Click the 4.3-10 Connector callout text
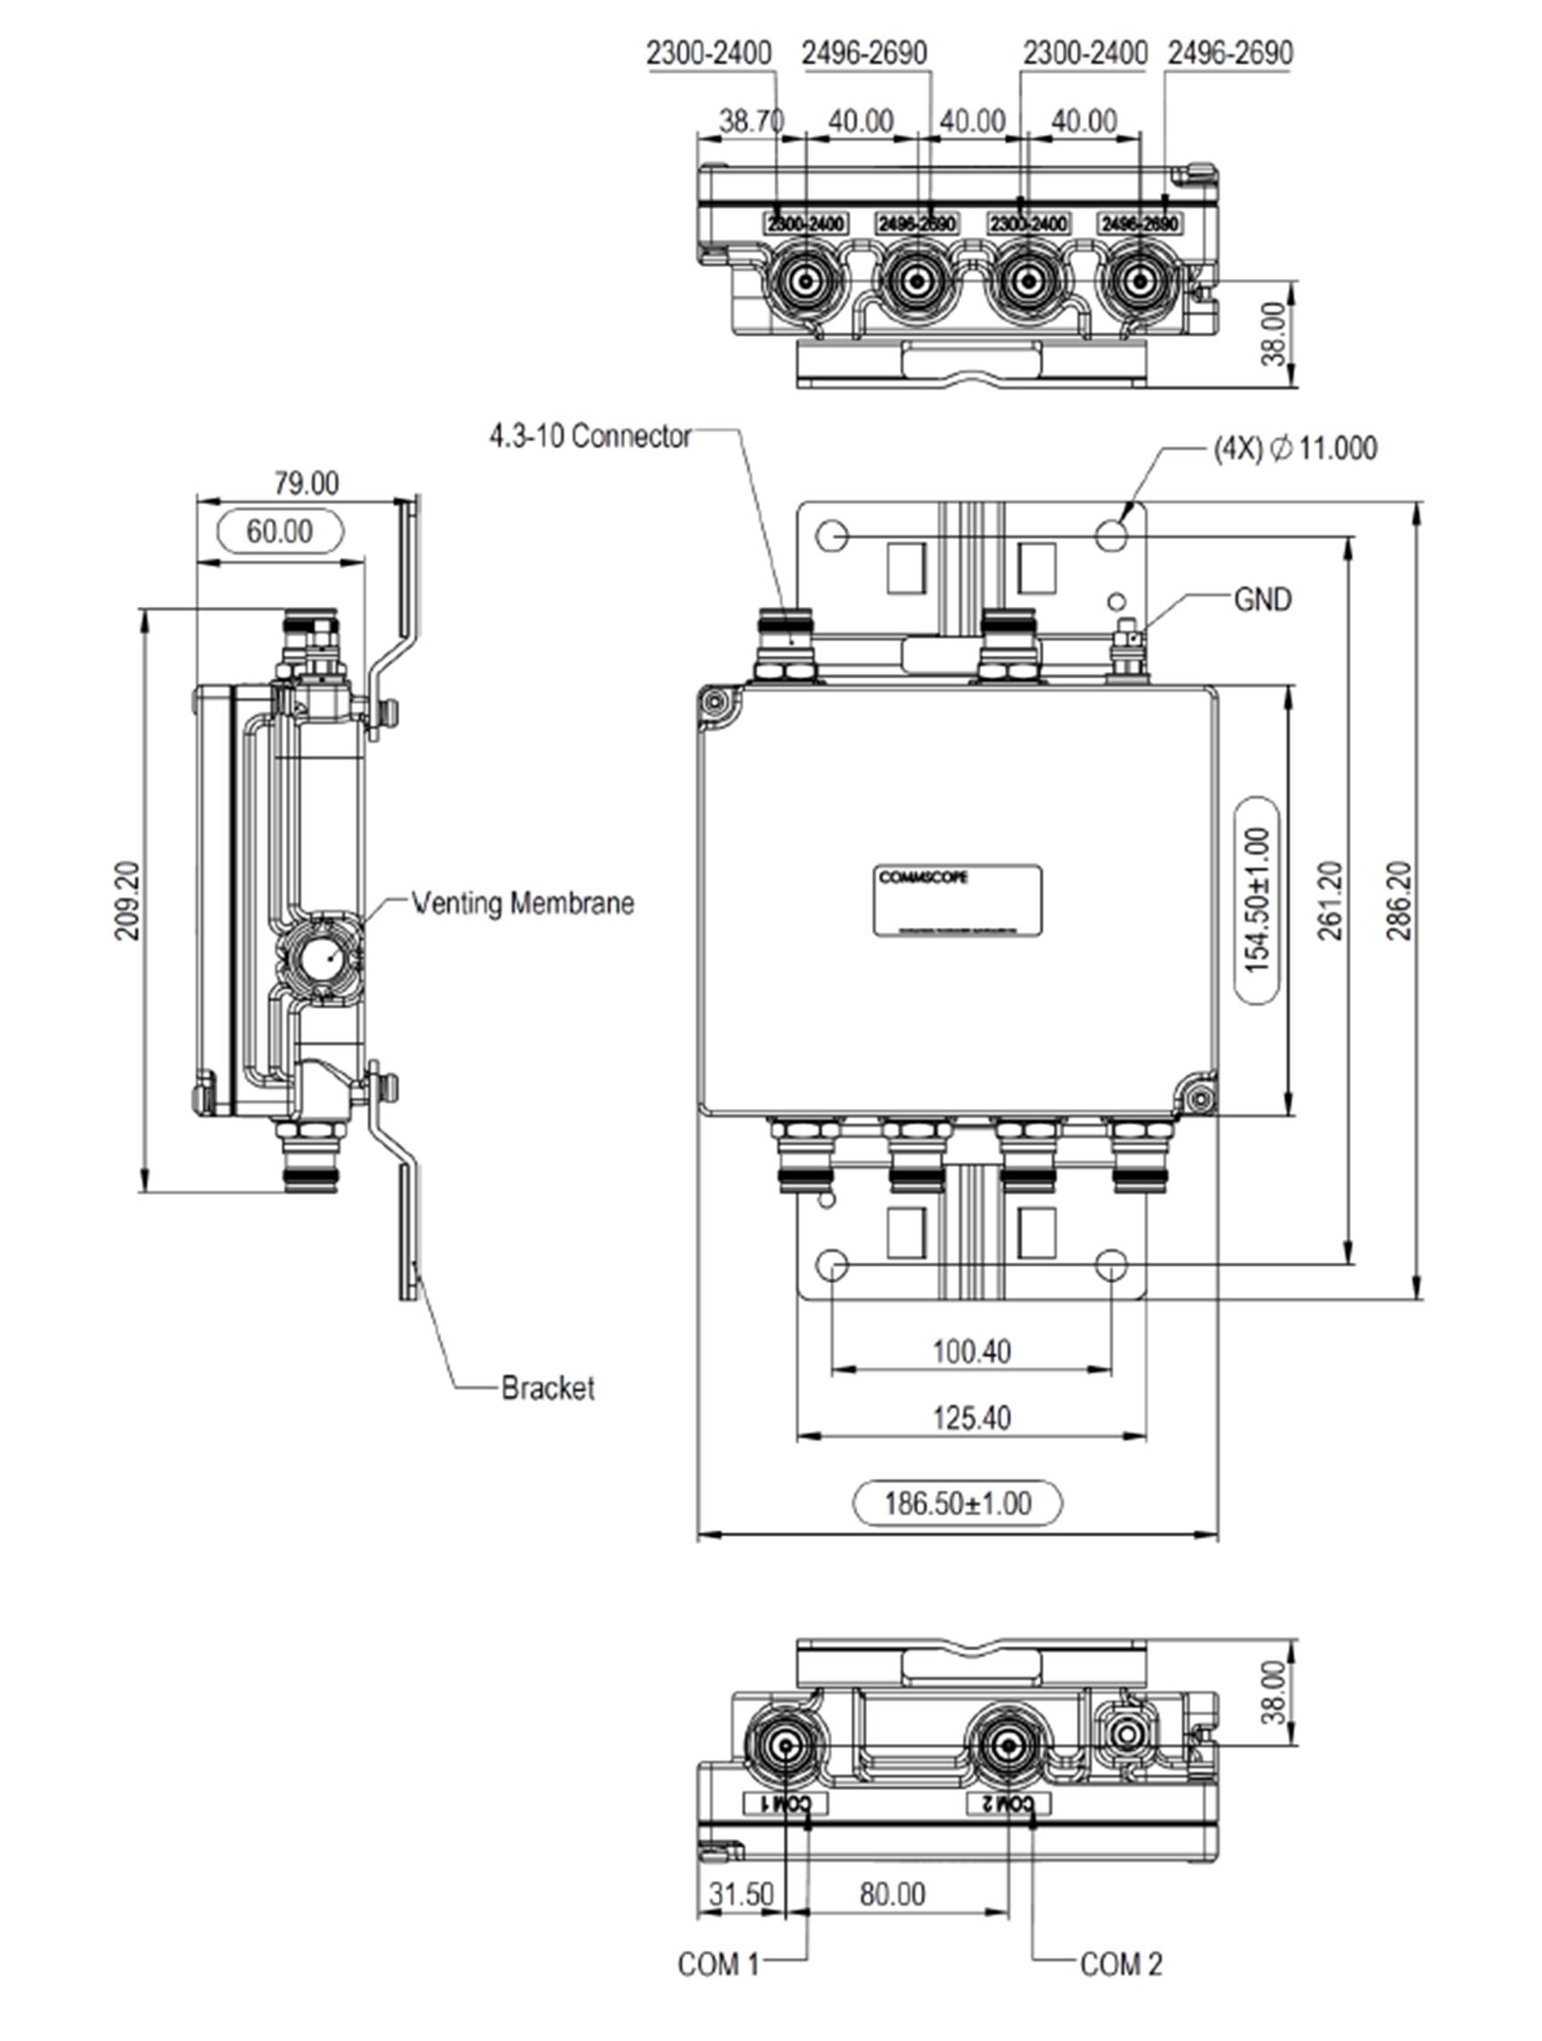tap(590, 435)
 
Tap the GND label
tap(1261, 600)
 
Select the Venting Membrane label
tap(522, 903)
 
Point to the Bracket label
tap(547, 1388)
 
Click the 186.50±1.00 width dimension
tap(957, 1503)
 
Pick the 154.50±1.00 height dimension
tap(1257, 900)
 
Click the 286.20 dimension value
tap(1398, 900)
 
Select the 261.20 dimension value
tap(1330, 900)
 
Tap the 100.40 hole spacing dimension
tap(971, 1352)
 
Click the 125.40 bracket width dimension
tap(971, 1417)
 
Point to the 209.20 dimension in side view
tap(127, 900)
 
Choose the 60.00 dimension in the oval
tap(279, 532)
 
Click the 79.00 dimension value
tap(306, 483)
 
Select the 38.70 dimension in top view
tap(751, 121)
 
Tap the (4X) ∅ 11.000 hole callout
tap(1294, 449)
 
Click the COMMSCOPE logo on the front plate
tap(923, 878)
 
